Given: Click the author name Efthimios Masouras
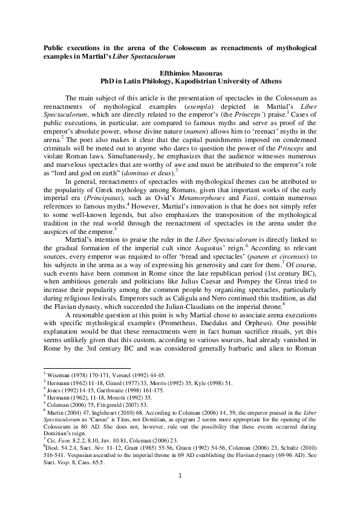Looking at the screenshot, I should pos(180,71).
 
